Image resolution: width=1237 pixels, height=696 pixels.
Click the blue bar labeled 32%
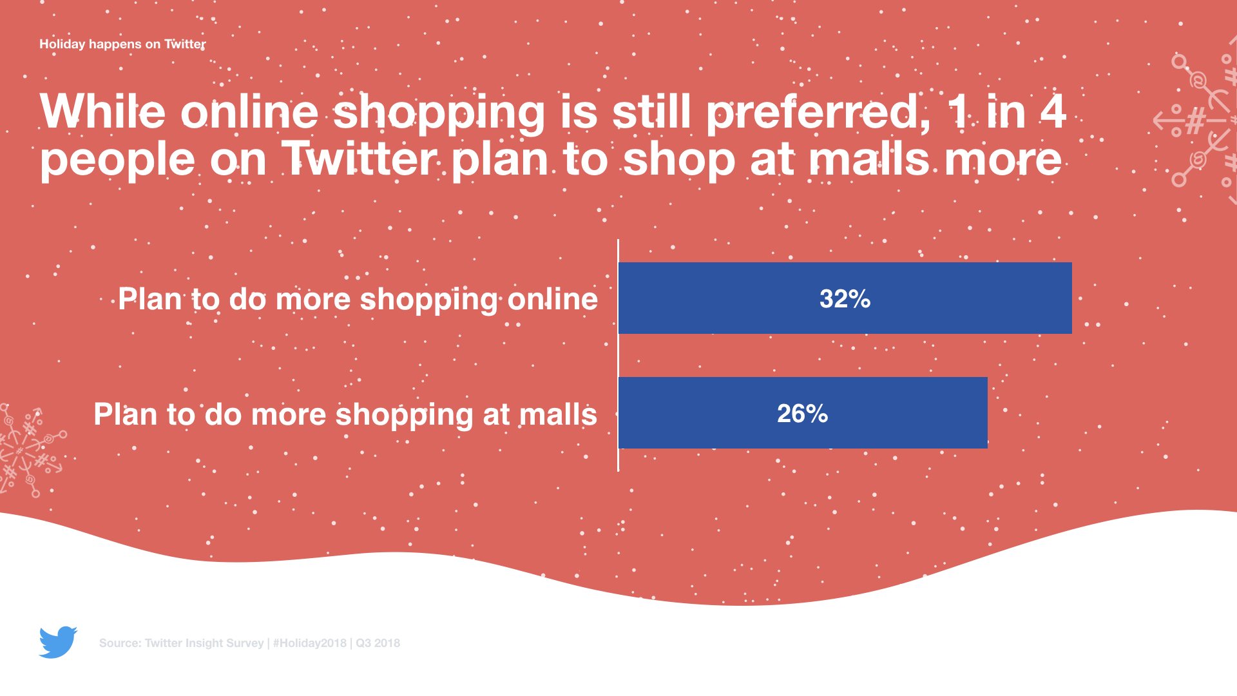coord(845,298)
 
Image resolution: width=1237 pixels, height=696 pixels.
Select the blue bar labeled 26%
coord(803,412)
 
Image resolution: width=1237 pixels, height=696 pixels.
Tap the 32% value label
coord(845,298)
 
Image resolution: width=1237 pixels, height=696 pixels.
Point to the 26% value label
coord(802,413)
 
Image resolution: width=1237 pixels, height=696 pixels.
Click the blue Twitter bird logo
coord(58,642)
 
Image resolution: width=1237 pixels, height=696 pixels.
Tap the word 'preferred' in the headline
coord(818,112)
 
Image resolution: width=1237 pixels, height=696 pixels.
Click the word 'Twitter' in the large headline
coord(359,160)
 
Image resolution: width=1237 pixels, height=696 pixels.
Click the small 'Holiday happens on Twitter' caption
coord(122,44)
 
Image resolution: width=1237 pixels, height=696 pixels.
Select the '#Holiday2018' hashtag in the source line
coord(310,643)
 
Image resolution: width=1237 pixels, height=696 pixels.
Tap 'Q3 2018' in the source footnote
coord(378,643)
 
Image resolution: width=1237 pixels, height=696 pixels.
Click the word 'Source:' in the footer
coord(120,643)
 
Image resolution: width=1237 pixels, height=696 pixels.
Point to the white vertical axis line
coord(618,356)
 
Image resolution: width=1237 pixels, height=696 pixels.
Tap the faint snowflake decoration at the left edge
coord(29,450)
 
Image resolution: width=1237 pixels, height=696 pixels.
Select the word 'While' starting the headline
coord(102,112)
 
